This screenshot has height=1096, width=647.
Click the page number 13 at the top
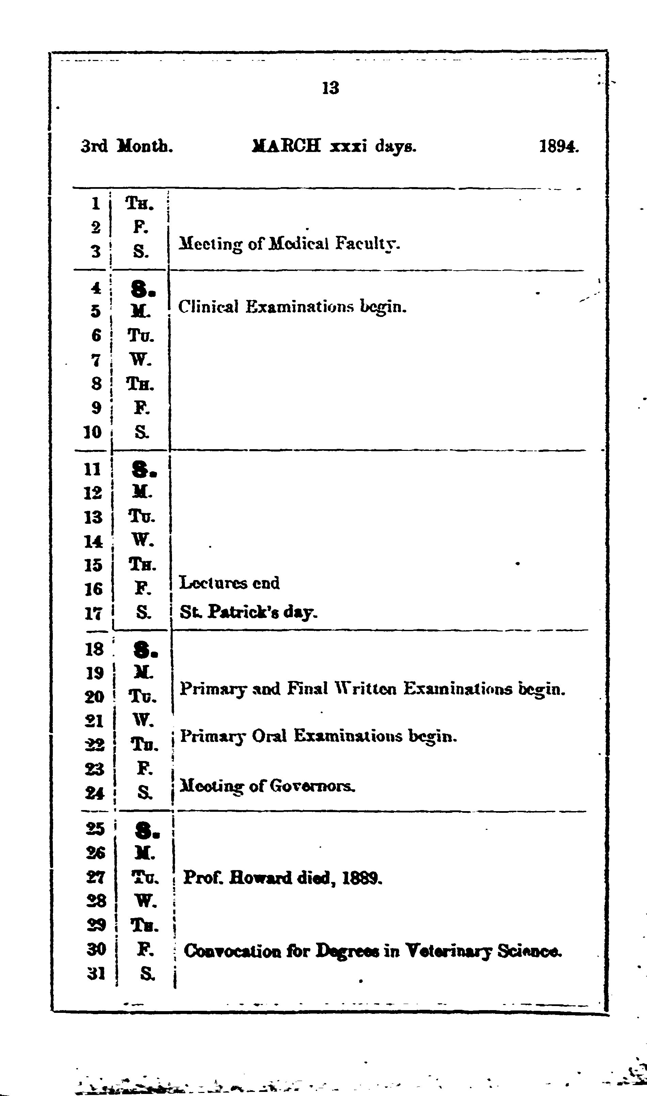point(330,88)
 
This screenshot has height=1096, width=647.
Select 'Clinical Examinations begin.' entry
point(292,307)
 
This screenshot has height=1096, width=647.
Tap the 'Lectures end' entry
point(229,583)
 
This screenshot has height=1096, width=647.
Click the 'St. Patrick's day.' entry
point(249,612)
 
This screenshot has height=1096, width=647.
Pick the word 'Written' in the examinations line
point(365,689)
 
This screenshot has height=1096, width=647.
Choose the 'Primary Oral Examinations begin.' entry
point(318,736)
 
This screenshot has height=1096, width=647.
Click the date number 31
point(96,973)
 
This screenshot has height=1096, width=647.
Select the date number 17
point(93,613)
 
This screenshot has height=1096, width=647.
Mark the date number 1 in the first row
point(96,203)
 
